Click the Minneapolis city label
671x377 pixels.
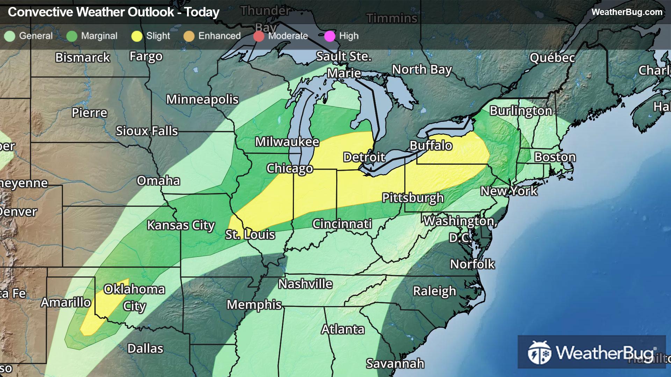(x=202, y=99)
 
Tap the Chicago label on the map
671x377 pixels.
(x=289, y=169)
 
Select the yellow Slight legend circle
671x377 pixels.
(x=137, y=36)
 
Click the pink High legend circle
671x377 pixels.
(x=330, y=36)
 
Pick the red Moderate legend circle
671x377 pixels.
(x=259, y=36)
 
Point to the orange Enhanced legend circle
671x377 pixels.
(x=189, y=36)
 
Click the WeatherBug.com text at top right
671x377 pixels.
(x=627, y=12)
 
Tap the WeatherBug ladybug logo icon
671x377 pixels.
(x=539, y=353)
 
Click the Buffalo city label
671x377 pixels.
(x=431, y=146)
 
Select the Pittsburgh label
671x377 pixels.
(x=413, y=198)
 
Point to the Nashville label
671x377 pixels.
(x=305, y=284)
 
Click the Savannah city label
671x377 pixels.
(x=395, y=364)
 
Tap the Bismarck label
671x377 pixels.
(x=82, y=58)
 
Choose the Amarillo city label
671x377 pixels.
(x=66, y=302)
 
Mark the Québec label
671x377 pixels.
(x=552, y=58)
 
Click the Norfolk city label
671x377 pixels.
(x=472, y=264)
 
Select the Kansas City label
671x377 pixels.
(x=181, y=226)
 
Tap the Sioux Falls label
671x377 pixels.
(x=147, y=131)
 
